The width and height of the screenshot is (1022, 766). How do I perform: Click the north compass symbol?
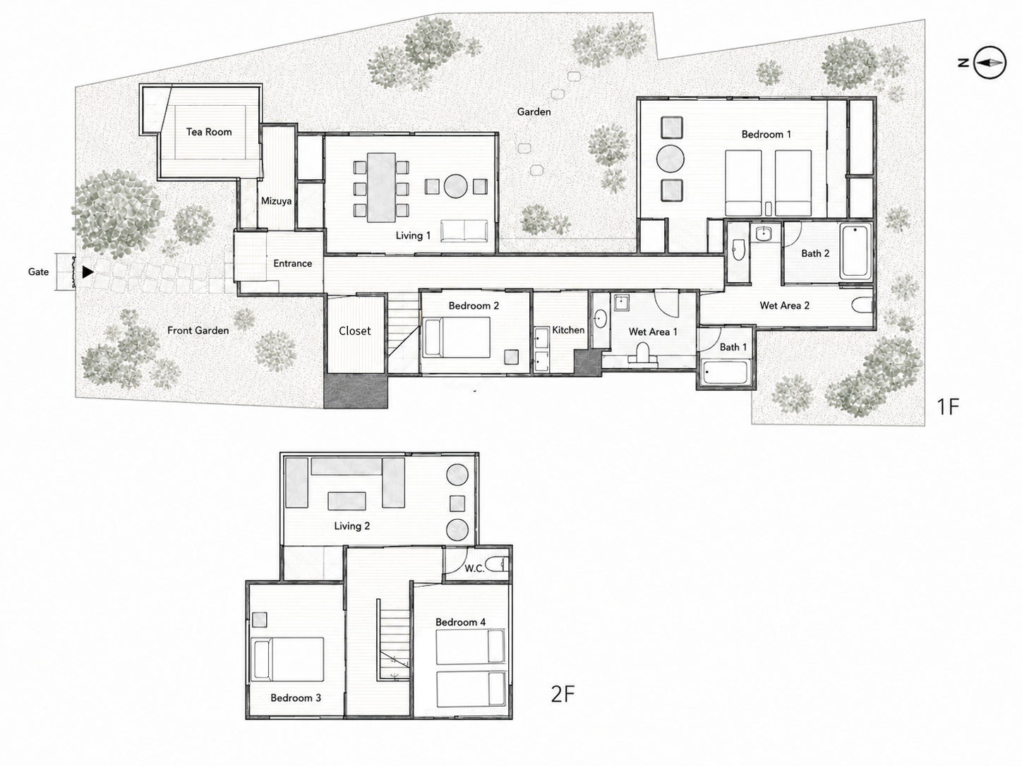[989, 62]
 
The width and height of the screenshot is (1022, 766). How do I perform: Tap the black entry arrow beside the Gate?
[88, 272]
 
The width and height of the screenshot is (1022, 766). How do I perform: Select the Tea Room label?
[209, 132]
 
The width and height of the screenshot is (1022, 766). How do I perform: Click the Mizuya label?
[276, 201]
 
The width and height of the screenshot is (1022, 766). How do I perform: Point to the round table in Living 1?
[455, 186]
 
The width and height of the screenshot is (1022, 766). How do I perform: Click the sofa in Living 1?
[464, 231]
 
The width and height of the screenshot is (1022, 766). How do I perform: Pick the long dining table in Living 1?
[381, 188]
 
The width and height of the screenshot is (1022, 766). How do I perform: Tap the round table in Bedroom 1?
[670, 159]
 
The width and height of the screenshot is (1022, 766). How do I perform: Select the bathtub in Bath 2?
[855, 251]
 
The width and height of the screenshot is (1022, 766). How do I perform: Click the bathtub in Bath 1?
[725, 372]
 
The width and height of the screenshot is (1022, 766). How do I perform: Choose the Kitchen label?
[568, 330]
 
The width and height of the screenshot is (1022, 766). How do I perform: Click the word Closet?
[355, 331]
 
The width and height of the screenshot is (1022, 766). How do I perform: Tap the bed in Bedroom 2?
[457, 337]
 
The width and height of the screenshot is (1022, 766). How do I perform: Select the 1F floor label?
[948, 407]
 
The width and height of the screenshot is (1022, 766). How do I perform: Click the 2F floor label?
[563, 694]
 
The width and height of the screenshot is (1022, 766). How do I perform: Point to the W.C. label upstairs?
[474, 569]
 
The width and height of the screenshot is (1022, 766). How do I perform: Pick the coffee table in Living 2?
[347, 501]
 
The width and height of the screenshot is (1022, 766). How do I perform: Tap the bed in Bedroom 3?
[287, 659]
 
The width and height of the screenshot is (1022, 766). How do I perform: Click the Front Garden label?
[198, 331]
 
